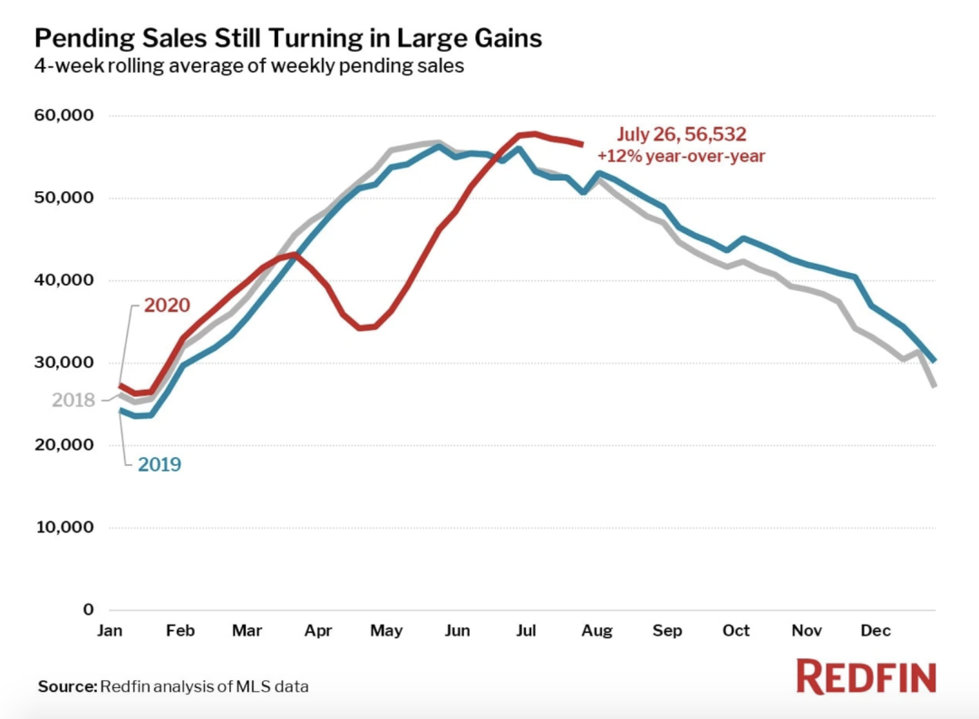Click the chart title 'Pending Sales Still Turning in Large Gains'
(x=288, y=38)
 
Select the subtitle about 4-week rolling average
(x=249, y=66)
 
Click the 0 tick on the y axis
(x=87, y=610)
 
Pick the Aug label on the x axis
(x=597, y=630)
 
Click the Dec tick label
(x=875, y=630)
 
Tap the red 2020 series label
(x=167, y=305)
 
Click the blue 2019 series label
(x=160, y=464)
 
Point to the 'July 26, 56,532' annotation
(x=681, y=134)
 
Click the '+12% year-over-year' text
(x=681, y=155)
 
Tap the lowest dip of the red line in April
(x=360, y=327)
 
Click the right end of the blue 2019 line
(x=934, y=361)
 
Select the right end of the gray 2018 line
(x=934, y=386)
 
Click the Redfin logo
(x=866, y=677)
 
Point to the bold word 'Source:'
(x=67, y=686)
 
